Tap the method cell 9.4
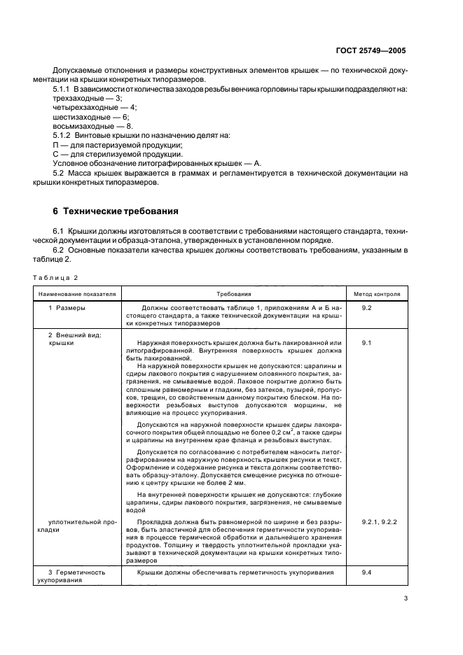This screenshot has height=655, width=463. [366, 572]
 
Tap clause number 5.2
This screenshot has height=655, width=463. [59, 171]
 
